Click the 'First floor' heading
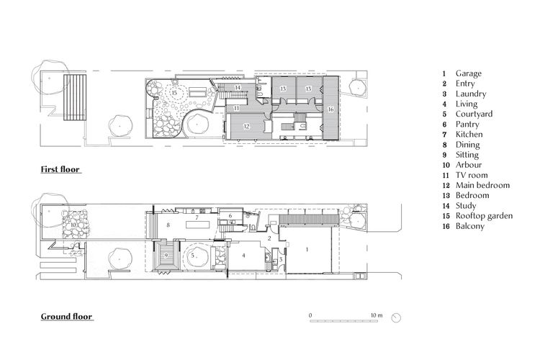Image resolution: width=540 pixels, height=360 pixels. [60, 169]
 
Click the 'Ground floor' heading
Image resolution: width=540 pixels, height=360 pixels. [67, 317]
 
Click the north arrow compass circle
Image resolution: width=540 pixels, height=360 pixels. [397, 318]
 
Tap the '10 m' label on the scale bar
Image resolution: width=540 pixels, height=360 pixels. [377, 315]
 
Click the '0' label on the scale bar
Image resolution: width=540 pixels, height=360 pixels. [310, 315]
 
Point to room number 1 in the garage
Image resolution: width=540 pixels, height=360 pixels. [307, 249]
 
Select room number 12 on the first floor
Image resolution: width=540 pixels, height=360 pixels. [246, 127]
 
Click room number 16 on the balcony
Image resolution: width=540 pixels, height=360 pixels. [330, 109]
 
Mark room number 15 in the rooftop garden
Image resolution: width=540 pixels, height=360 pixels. [174, 93]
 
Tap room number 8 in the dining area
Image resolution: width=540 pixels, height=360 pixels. [168, 225]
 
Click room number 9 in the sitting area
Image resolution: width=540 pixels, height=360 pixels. [166, 256]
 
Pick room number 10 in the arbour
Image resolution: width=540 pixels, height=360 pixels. [73, 225]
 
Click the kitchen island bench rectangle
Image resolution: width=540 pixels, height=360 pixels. [198, 225]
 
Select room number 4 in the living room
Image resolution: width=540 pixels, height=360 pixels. [244, 256]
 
